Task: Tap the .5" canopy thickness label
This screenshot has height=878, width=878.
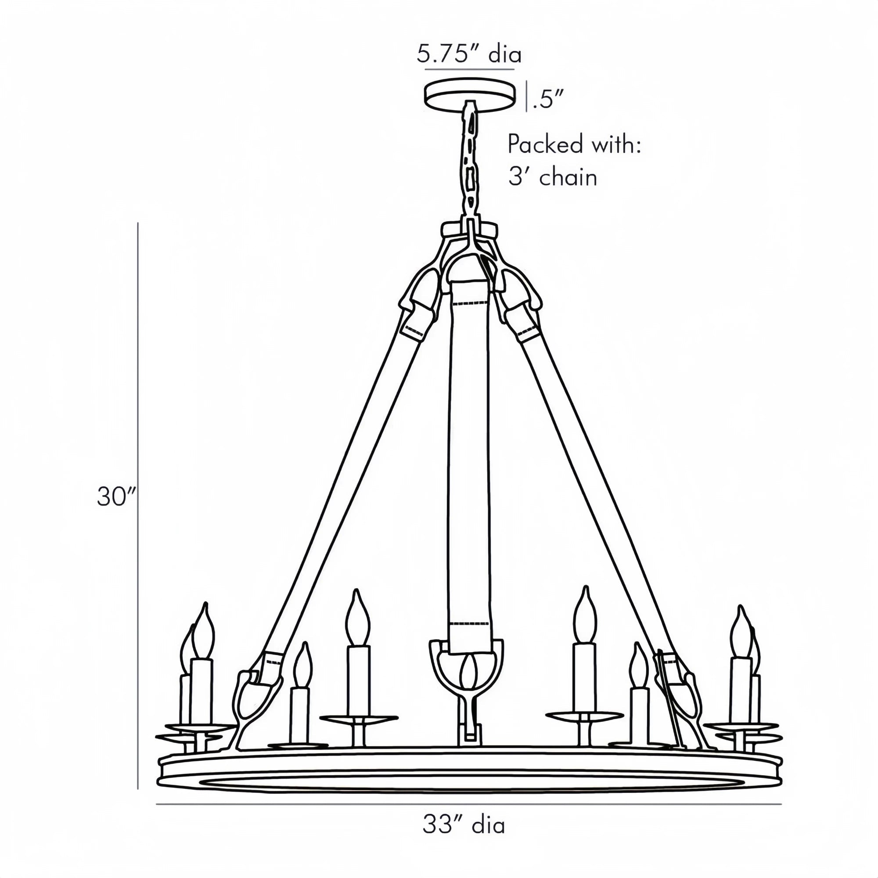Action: click(548, 99)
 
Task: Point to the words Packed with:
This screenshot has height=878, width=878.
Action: click(574, 144)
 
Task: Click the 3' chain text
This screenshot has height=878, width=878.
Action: click(552, 177)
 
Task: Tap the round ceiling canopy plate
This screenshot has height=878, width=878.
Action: click(470, 94)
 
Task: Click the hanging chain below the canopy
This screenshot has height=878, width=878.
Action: click(470, 164)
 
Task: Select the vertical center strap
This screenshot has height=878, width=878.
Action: click(469, 454)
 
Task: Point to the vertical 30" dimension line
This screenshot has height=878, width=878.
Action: click(138, 500)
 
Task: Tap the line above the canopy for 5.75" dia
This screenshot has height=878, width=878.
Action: click(469, 69)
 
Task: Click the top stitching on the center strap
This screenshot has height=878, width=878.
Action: click(471, 302)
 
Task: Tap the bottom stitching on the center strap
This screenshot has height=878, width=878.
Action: click(468, 623)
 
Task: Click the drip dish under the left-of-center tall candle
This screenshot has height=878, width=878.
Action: click(359, 718)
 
